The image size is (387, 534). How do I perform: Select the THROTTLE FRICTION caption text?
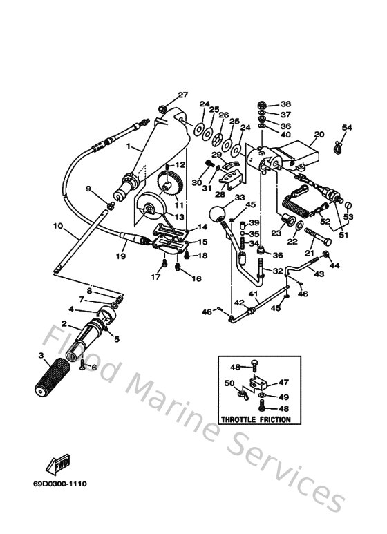254,419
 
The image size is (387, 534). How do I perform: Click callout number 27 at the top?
182,95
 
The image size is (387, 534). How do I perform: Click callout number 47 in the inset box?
283,381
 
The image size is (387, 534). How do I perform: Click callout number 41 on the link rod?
254,294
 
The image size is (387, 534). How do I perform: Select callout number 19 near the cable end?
120,256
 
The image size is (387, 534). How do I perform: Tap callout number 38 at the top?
286,104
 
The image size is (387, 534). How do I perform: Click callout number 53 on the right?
349,217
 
